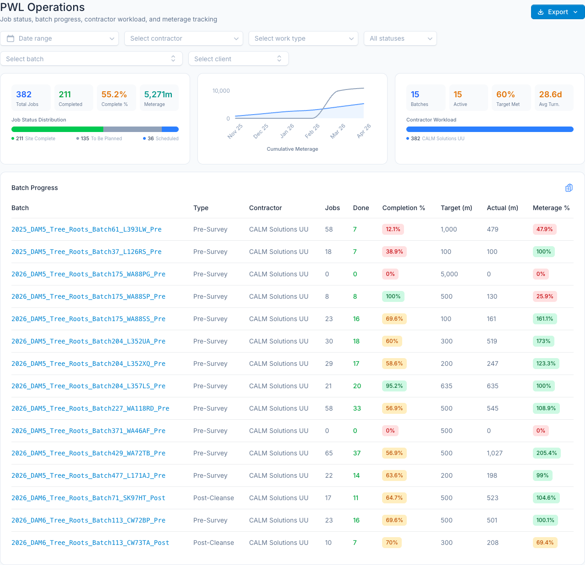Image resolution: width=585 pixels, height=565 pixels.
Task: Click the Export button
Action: [557, 12]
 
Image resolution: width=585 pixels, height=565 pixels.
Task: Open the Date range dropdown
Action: [59, 38]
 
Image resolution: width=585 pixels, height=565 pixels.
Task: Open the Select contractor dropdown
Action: [183, 38]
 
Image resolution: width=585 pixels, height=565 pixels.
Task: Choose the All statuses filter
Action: [400, 38]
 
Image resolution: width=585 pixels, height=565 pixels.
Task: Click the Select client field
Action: [239, 58]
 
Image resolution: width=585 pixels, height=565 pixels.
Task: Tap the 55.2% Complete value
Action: [114, 94]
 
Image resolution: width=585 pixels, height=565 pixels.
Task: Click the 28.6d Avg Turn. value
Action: [550, 94]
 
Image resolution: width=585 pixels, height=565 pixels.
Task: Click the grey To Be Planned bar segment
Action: [133, 129]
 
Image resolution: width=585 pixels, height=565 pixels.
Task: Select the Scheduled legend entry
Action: [161, 138]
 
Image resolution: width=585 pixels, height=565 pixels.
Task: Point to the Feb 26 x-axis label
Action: [312, 131]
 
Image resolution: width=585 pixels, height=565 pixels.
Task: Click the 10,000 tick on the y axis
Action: [221, 91]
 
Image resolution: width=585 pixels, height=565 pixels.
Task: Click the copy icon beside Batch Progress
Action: [569, 188]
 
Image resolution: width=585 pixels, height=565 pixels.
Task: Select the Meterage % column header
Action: [551, 208]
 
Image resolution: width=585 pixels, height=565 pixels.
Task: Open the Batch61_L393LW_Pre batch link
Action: [86, 229]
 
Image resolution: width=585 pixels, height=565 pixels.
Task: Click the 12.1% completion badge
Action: [393, 229]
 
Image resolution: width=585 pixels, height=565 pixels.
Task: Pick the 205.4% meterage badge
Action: [547, 453]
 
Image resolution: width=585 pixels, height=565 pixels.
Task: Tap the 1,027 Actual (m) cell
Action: [495, 453]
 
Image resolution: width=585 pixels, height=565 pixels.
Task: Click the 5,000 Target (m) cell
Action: [449, 274]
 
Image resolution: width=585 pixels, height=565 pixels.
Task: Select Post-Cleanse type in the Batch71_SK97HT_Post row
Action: [213, 498]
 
